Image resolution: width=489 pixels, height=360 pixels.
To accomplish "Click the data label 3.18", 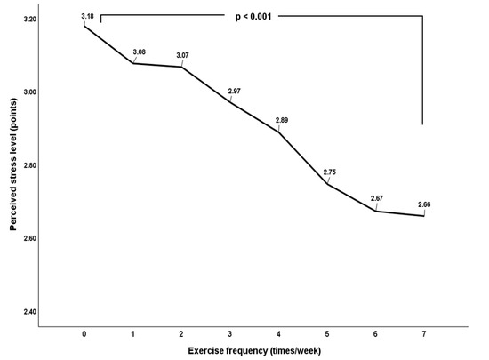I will coord(86,16).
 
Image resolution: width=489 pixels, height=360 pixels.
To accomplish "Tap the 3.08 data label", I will coord(139,53).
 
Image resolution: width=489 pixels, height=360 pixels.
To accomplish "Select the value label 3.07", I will coord(185,56).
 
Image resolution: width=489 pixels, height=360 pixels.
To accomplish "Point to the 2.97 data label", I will coord(235,92).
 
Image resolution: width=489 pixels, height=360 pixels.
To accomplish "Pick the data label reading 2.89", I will coord(283,120).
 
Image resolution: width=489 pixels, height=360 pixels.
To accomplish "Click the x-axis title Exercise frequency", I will coord(253,351).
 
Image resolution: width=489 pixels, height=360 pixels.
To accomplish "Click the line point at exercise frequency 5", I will coord(327,184).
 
